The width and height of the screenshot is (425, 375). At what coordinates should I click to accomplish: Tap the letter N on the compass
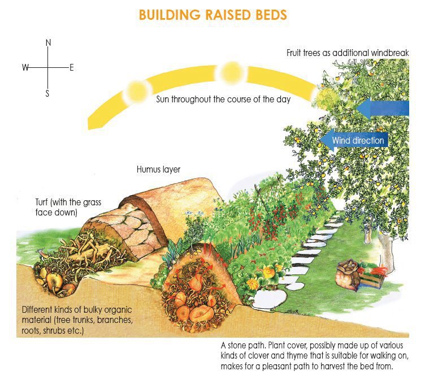click(48, 42)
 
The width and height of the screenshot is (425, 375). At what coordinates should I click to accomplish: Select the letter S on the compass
click(47, 93)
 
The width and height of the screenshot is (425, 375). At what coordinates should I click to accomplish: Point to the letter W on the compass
click(25, 67)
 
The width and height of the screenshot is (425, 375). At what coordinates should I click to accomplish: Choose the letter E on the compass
click(72, 67)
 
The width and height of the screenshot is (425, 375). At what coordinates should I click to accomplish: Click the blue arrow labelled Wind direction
click(354, 140)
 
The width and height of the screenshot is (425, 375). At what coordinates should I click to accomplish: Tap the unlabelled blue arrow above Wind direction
click(382, 108)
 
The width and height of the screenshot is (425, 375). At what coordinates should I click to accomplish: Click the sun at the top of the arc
click(231, 73)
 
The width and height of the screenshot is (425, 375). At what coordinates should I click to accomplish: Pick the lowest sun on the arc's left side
click(137, 92)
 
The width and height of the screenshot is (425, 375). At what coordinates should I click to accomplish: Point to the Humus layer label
click(158, 170)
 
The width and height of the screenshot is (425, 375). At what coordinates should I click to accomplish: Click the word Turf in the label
click(41, 202)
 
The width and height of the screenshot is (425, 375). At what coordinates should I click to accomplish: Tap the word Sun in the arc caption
click(162, 100)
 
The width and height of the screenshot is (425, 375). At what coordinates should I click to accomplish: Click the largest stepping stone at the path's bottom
click(269, 300)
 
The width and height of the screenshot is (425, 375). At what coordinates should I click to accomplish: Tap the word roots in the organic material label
click(31, 331)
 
